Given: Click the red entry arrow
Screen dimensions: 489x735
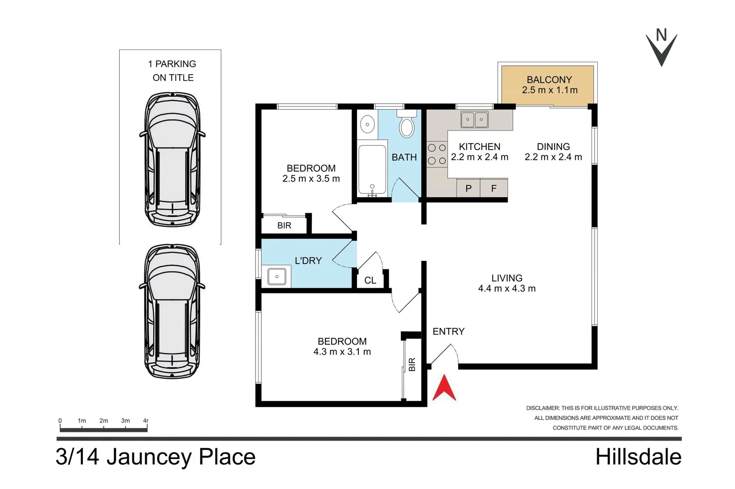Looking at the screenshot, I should coord(444,388).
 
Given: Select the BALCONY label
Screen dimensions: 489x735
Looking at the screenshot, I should coord(549,80).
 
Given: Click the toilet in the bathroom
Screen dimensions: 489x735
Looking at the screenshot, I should coord(406,127).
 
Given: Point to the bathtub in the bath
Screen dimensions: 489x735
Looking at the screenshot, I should coord(372,169).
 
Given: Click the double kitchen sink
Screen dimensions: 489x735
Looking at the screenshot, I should coord(474,120).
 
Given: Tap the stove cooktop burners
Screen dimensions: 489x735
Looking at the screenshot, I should coord(437,154).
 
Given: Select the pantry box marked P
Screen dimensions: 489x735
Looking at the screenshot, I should coord(469,188).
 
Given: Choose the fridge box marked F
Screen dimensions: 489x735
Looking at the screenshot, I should coord(494,188).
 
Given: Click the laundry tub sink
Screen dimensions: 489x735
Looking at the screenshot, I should coord(276,276).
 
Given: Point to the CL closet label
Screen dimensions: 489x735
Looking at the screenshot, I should coord(370,281).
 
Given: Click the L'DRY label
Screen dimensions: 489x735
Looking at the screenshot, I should coord(308,261).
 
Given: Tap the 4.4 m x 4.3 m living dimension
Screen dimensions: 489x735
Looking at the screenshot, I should coord(507,289).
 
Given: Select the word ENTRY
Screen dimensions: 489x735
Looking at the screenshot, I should coord(448,331).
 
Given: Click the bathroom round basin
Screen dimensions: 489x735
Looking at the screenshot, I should coord(367,124).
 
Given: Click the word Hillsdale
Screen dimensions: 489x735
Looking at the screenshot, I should coord(638,457).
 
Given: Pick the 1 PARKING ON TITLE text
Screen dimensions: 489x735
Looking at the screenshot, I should coord(172,71).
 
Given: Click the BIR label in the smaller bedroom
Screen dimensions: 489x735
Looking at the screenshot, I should coord(284,225).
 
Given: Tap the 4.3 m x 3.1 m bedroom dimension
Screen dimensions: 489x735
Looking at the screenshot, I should coord(342,352).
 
